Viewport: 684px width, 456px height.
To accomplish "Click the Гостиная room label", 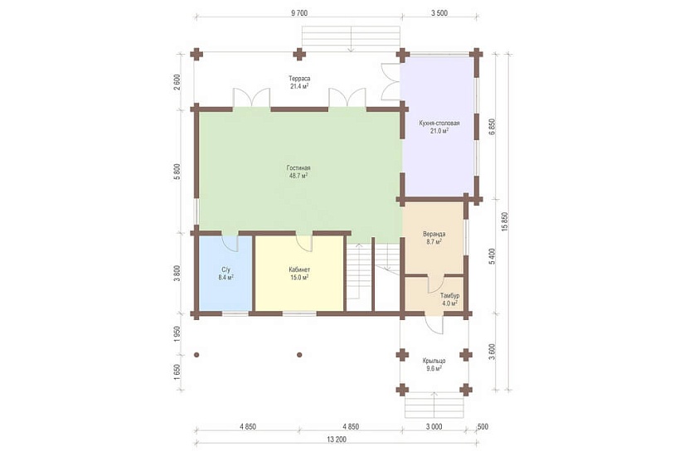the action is coord(298,168).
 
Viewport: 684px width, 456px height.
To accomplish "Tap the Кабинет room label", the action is coord(299,269).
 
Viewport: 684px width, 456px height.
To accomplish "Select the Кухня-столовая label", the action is coord(439,123).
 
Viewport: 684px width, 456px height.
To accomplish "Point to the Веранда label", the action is coord(434,234).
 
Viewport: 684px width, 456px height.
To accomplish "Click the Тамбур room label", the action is coord(449,295).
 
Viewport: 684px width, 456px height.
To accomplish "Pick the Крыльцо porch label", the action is coord(434,361).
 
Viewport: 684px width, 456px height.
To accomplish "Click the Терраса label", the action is coord(299,79).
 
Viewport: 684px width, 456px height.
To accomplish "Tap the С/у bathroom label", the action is coord(226,269).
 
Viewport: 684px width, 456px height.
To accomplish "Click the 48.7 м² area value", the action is coord(298,176).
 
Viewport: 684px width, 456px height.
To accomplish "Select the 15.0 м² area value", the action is coord(299,277).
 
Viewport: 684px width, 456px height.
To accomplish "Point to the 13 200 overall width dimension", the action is coord(337,439).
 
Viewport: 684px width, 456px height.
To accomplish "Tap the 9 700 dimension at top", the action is coord(299,13).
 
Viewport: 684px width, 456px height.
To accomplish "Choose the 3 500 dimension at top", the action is coord(439,13).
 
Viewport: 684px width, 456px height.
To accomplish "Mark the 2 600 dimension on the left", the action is coord(177,81).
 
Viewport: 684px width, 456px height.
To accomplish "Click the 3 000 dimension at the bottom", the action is coord(434,427).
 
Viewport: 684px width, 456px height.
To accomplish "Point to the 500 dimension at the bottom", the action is coord(483,427).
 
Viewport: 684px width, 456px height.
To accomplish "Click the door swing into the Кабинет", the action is coord(304,243).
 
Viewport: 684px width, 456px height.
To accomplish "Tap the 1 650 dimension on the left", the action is coord(177,372).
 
